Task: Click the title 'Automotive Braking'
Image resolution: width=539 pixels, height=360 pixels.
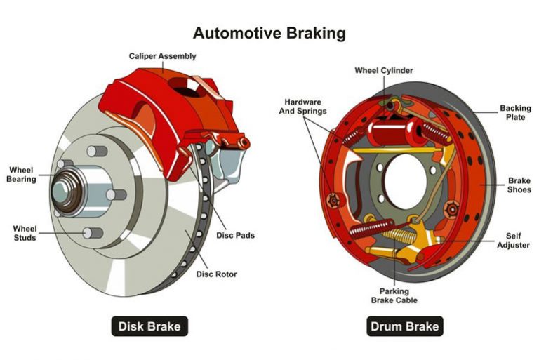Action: point(269,33)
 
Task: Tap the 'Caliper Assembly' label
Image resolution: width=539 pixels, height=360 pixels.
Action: point(162,55)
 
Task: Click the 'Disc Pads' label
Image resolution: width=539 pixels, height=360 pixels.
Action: point(234,235)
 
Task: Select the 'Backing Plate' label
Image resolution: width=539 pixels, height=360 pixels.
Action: point(511,112)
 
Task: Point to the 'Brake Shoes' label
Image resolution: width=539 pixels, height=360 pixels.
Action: point(519,185)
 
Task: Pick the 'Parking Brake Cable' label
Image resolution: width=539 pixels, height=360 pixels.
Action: point(394,295)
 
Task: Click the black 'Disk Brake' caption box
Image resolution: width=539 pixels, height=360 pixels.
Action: point(149,326)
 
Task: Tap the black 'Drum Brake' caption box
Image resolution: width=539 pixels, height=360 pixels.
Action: point(404,326)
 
